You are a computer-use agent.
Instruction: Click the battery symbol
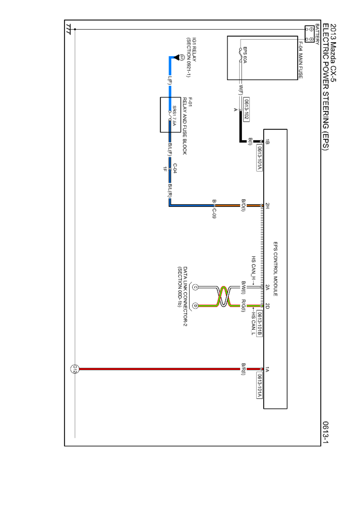(x=309, y=34)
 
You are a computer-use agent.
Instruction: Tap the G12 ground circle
(x=75, y=369)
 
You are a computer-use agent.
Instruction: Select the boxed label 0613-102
(x=246, y=109)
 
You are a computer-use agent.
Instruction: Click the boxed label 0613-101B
(x=259, y=323)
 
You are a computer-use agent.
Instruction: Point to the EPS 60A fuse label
(x=245, y=55)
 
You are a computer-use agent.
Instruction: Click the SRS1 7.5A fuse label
(x=174, y=116)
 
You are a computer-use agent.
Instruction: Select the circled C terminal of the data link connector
(x=195, y=287)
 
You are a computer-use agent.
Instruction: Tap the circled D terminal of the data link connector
(x=195, y=306)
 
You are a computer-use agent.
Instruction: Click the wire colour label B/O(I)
(x=243, y=205)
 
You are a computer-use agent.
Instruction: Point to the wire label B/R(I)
(x=243, y=369)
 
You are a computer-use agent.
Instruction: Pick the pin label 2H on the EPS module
(x=267, y=206)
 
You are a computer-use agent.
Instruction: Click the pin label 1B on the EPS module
(x=267, y=142)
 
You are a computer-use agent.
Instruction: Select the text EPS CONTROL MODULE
(x=275, y=269)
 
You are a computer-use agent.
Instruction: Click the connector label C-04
(x=175, y=168)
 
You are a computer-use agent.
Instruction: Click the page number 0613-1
(x=325, y=432)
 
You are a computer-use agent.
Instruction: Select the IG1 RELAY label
(x=194, y=49)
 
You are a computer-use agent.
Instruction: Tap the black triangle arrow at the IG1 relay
(x=176, y=58)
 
